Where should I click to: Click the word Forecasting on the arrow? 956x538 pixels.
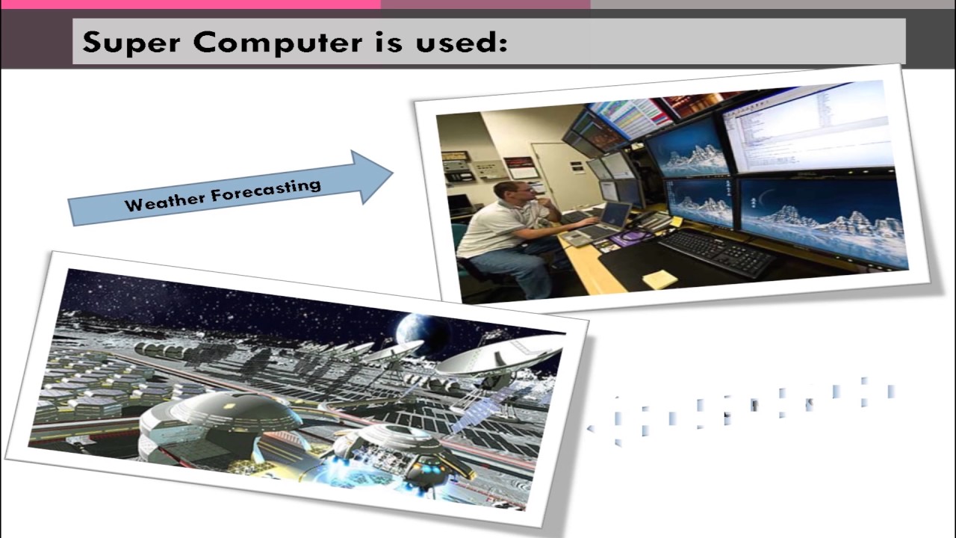click(266, 190)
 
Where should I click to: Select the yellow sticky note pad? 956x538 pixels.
click(659, 279)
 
